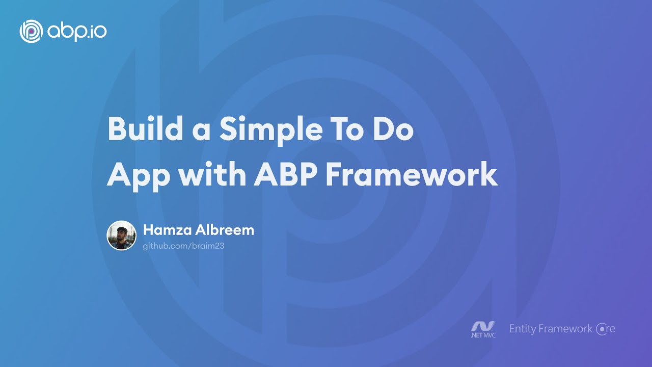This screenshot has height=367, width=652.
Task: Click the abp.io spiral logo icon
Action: pyautogui.click(x=31, y=32)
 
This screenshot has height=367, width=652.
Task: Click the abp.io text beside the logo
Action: pyautogui.click(x=77, y=32)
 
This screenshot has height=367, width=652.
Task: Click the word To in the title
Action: pyautogui.click(x=340, y=129)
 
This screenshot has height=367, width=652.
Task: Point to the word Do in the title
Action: pyautogui.click(x=394, y=129)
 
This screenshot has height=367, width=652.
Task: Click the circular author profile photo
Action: pyautogui.click(x=121, y=235)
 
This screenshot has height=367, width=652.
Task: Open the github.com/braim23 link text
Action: pyautogui.click(x=184, y=246)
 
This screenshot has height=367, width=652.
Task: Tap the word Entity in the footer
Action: pyautogui.click(x=523, y=329)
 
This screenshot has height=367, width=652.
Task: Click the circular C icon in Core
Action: pyautogui.click(x=602, y=329)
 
